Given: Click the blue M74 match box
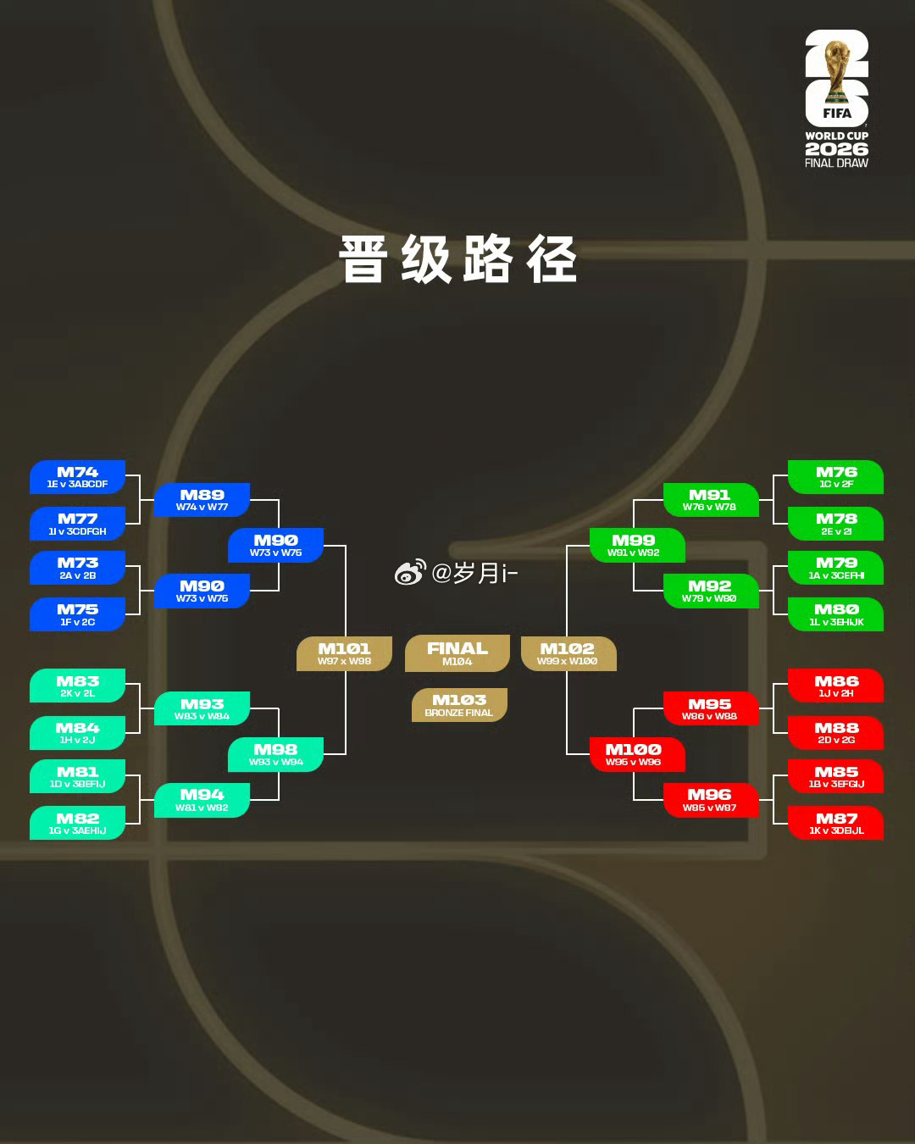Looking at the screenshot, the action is pyautogui.click(x=77, y=477).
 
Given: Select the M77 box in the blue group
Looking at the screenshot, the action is pyautogui.click(x=77, y=524).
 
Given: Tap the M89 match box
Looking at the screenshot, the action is pyautogui.click(x=202, y=500).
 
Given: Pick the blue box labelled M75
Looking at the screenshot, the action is pyautogui.click(x=77, y=614).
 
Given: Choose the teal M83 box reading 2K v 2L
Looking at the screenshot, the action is pyautogui.click(x=77, y=686).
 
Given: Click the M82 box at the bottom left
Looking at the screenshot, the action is pyautogui.click(x=77, y=823).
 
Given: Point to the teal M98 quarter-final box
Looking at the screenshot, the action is pyautogui.click(x=275, y=754).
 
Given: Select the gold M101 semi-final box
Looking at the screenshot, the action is pyautogui.click(x=344, y=653).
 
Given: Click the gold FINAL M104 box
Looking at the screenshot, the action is pyautogui.click(x=457, y=653).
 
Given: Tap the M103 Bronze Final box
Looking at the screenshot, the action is pyautogui.click(x=459, y=704).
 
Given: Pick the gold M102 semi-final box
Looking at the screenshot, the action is pyautogui.click(x=568, y=653).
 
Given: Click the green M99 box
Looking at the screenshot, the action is pyautogui.click(x=634, y=545).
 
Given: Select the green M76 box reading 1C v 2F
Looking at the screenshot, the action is pyautogui.click(x=836, y=477).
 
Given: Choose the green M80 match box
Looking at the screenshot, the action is pyautogui.click(x=836, y=614).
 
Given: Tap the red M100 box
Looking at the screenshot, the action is pyautogui.click(x=634, y=754).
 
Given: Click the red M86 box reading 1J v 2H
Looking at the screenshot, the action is pyautogui.click(x=836, y=686).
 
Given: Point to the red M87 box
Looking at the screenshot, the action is pyautogui.click(x=836, y=823).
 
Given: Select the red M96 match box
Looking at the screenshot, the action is pyautogui.click(x=709, y=799).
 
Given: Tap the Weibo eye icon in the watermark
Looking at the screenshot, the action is pyautogui.click(x=409, y=574).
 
